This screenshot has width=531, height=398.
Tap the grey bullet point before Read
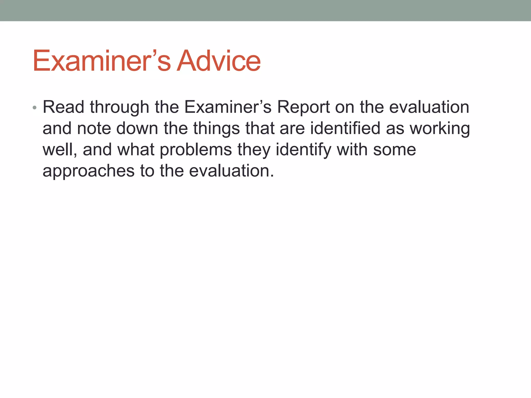[x=35, y=108]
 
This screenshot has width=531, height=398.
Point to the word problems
[x=196, y=150]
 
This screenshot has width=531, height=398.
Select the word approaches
[x=88, y=171]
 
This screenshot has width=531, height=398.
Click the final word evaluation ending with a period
[x=231, y=171]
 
